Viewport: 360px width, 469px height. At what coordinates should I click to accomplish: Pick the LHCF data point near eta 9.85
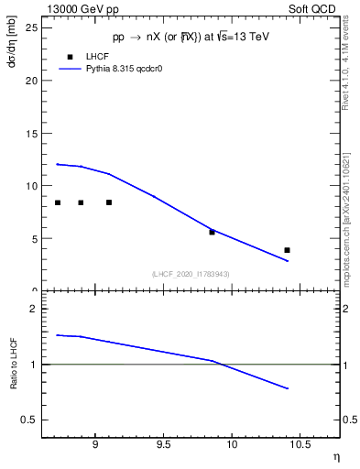point(212,232)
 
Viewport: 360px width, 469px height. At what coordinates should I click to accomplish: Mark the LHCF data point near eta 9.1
point(109,202)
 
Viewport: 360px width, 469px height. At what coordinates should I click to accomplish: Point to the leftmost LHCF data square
point(58,202)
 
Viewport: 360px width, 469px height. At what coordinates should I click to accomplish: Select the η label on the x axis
point(334,456)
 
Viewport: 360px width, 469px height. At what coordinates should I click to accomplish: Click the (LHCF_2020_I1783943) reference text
point(191,274)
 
